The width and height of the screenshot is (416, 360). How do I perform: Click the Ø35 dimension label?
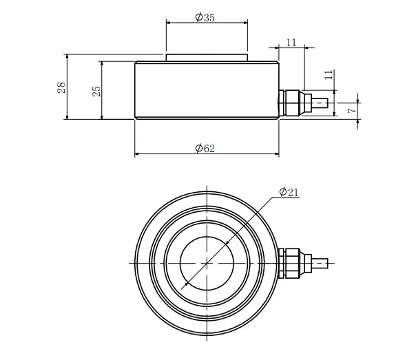coord(205,17)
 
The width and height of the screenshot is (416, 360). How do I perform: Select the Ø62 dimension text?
coord(205,148)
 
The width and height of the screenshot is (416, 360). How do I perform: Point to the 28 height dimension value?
coord(61,87)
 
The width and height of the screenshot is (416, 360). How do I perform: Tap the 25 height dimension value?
coord(97,89)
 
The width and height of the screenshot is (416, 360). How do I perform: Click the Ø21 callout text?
coord(289,193)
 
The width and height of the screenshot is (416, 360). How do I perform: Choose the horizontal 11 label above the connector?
coord(291,43)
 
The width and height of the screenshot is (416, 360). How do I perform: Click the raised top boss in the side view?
coord(206,58)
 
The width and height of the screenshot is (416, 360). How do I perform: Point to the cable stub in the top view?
coord(320,262)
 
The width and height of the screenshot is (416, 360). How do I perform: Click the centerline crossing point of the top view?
coord(206,262)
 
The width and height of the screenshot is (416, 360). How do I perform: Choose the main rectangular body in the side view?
coord(207,90)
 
